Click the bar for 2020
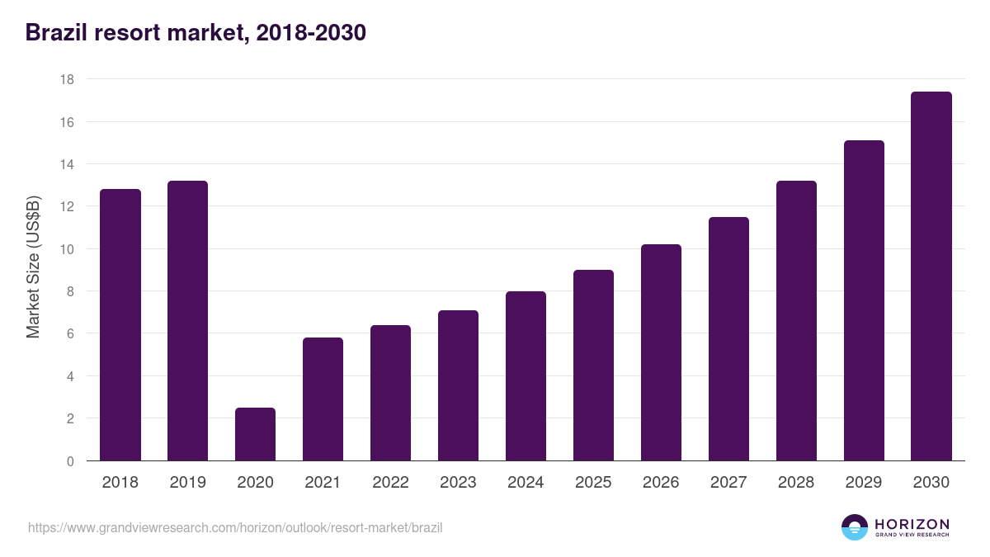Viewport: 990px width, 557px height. pos(255,434)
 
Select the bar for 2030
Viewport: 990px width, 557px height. pos(931,276)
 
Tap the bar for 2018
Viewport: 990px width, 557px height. pos(120,325)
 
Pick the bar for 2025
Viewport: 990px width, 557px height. pos(593,366)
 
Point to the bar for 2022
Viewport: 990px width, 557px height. pos(390,393)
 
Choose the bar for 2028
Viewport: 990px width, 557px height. pos(796,321)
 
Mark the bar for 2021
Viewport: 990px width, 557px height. pos(323,399)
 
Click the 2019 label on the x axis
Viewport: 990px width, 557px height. pos(188,483)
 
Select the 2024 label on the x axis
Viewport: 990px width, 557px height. pos(526,483)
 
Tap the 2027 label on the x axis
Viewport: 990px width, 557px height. pos(728,483)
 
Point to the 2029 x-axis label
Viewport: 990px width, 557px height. pos(864,483)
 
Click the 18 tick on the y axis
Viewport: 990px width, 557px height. pos(67,79)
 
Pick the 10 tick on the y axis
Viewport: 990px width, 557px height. pos(67,249)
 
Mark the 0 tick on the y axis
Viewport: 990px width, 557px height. pos(70,461)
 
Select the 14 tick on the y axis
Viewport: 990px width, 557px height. pos(67,164)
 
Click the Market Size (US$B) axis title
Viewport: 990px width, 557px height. pos(34,267)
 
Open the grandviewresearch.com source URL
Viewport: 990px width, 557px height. pos(235,527)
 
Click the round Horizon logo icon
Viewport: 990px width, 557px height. pos(855,527)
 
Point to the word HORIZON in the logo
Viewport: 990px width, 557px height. pos(912,524)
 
